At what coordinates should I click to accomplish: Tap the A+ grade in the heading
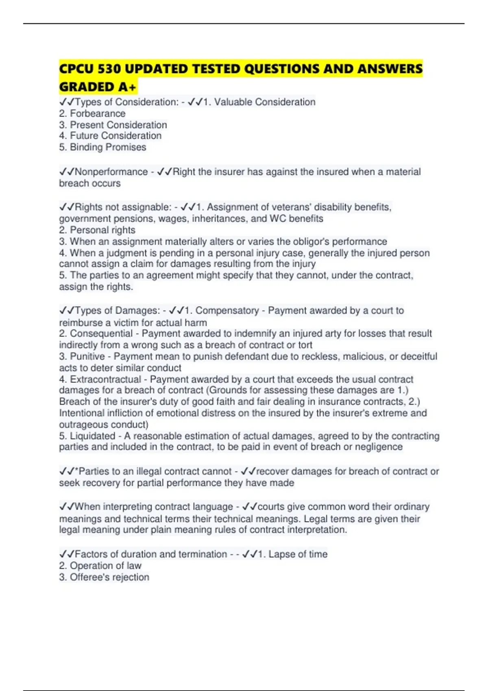[x=127, y=87]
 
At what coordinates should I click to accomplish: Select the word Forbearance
[x=98, y=113]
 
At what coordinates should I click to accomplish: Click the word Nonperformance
[x=111, y=172]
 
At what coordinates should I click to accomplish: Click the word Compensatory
[x=227, y=311]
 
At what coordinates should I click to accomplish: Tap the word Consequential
[x=101, y=334]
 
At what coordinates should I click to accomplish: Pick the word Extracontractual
[x=106, y=380]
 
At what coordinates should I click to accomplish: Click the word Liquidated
[x=93, y=436]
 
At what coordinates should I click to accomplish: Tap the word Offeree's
[x=90, y=577]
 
